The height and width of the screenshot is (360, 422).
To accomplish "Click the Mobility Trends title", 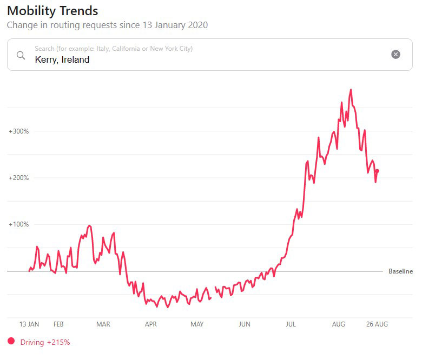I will [52, 11].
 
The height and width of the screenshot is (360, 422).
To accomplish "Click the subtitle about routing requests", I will [107, 25].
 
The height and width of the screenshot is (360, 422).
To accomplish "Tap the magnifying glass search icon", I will [21, 55].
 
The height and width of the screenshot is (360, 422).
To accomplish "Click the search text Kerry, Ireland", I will [62, 60].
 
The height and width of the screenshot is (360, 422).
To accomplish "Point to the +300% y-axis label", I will [18, 131].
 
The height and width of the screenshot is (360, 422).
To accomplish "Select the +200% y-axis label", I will [18, 178].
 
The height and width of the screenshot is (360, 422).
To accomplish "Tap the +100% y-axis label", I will [18, 224].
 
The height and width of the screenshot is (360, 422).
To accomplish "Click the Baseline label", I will [400, 271].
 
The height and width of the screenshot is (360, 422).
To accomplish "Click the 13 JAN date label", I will [29, 324].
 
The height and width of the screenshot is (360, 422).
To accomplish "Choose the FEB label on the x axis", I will [58, 324].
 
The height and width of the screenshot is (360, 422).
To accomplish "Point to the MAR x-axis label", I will [103, 324].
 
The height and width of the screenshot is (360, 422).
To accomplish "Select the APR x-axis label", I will [150, 324].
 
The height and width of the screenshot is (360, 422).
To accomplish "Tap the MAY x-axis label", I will [197, 324].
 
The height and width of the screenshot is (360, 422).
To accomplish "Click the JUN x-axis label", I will [245, 324].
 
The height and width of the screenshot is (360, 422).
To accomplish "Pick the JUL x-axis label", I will [291, 324].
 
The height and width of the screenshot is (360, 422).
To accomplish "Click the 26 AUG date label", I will [377, 324].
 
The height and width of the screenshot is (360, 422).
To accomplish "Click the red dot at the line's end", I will [377, 171].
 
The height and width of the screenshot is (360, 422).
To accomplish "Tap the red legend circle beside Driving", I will [11, 341].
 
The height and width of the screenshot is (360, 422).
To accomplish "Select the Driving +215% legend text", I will [45, 342].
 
